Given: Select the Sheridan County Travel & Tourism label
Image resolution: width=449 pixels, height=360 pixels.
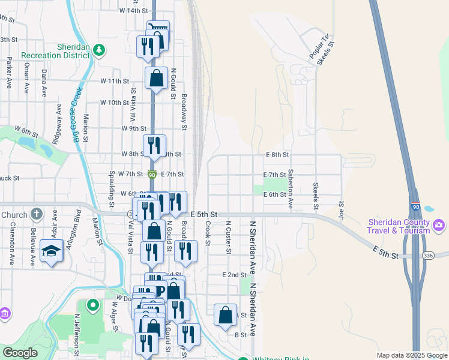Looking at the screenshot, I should [x=399, y=226].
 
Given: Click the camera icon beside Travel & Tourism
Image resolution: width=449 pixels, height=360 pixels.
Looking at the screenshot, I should [x=439, y=226].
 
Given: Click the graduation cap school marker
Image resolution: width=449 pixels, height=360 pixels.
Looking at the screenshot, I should [x=52, y=251].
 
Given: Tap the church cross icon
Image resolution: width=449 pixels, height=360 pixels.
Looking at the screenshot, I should [x=37, y=214].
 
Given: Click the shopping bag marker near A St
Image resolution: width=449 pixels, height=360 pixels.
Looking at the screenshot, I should [x=224, y=315].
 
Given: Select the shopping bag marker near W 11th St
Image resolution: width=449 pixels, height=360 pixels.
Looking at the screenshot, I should [x=156, y=78].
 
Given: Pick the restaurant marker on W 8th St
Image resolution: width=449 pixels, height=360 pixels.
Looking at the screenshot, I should [x=153, y=145].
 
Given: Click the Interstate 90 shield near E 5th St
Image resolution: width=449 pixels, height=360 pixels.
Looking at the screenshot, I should [x=415, y=206].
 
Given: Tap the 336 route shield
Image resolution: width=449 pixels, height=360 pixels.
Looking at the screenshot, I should [x=427, y=256].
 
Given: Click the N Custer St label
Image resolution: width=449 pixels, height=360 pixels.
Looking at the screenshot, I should [x=228, y=237].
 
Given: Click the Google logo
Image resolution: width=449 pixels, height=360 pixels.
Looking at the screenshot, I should [x=20, y=353].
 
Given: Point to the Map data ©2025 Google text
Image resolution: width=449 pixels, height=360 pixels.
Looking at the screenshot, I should [x=412, y=355].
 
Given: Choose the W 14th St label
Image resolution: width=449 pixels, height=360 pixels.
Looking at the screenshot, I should [x=133, y=11].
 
